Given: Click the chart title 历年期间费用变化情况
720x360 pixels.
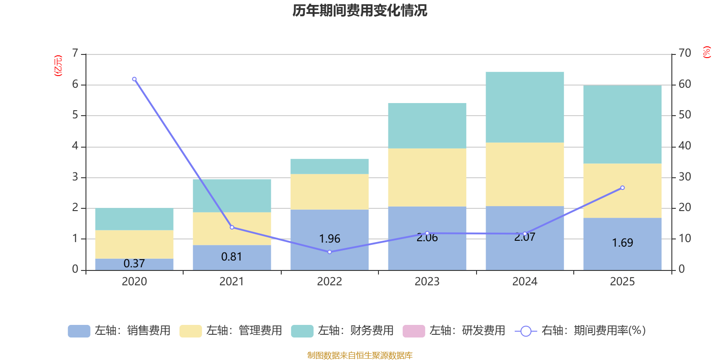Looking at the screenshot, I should point(360,10).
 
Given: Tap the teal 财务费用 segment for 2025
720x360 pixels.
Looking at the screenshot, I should point(622,124).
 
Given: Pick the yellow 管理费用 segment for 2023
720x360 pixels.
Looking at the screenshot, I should point(427,177).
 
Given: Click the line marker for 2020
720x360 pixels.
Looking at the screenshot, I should point(134,79).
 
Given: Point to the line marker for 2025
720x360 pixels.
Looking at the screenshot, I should point(622,188).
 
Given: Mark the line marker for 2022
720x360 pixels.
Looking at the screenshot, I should point(329,252).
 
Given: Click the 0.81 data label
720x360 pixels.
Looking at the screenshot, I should point(232,257).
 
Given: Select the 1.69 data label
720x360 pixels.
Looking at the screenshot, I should point(622,243).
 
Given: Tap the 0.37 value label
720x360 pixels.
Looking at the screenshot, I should point(134,264).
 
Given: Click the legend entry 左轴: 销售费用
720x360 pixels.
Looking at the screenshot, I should point(119,331).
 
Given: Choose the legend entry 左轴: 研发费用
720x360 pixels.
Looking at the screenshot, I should point(454,331).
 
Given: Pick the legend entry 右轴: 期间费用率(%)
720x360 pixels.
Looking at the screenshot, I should point(580,331).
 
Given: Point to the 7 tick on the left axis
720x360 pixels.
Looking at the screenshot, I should point(75,54).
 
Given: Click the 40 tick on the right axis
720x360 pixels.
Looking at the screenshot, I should point(685,146).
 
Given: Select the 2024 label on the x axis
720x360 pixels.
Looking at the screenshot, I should point(525,282).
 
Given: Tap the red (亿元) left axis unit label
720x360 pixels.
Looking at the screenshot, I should point(58,66).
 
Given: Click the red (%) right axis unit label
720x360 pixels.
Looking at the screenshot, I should point(707,52).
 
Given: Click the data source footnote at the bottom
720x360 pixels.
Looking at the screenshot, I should point(360,355).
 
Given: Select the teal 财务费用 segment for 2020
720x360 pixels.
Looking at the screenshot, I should point(134,219).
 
